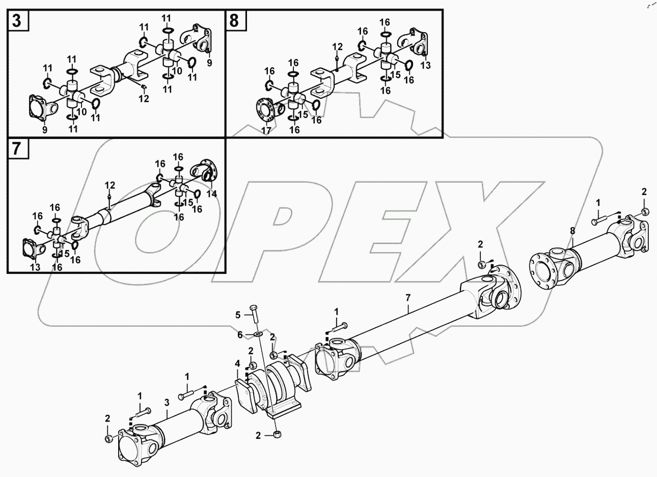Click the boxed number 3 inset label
click(17, 21)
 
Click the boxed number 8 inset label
click(234, 21)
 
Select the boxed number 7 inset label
click(17, 149)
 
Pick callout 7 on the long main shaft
click(407, 297)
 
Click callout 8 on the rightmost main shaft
click(572, 231)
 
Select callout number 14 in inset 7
click(211, 193)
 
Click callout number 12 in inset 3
click(144, 98)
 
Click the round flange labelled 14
click(205, 170)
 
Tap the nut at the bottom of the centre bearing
click(278, 434)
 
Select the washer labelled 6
click(258, 334)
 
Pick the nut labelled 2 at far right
click(645, 211)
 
